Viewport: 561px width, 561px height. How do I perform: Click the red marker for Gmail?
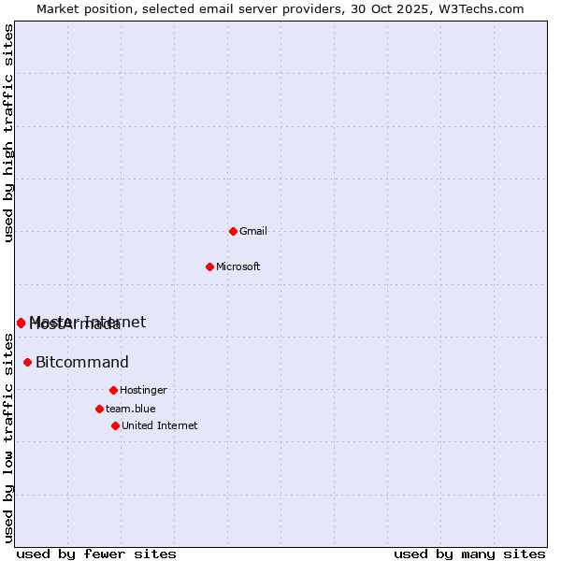233,231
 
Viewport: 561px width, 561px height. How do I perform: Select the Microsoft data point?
209,266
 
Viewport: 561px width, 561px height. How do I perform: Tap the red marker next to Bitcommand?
28,362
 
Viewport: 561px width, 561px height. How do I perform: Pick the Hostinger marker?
113,390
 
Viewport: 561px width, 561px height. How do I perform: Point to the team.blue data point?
99,409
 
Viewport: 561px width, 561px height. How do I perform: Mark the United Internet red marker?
115,425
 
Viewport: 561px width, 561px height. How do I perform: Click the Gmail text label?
253,231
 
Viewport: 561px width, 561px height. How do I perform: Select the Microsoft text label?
238,266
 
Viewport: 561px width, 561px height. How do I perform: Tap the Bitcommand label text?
82,363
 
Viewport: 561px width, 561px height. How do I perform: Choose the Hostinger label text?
143,390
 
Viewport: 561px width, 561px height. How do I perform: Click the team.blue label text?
131,409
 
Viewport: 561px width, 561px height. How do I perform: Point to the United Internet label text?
160,425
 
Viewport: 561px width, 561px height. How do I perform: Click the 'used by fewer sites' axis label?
96,554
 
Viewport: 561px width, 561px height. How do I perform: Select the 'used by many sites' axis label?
469,554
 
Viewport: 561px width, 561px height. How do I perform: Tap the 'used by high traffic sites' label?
8,133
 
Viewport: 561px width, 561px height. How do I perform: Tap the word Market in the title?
59,8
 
